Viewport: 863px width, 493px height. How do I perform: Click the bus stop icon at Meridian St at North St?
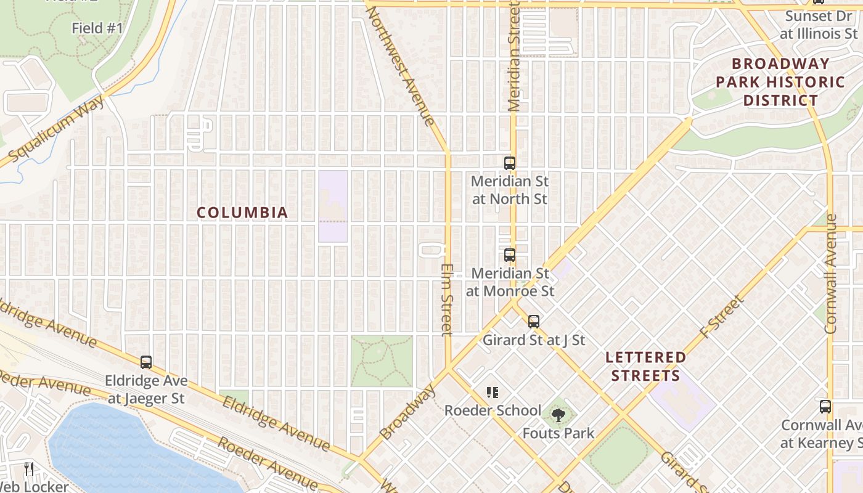click(510, 163)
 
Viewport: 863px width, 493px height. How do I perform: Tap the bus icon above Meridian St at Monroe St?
click(510, 255)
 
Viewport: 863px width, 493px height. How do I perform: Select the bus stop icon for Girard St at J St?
click(534, 322)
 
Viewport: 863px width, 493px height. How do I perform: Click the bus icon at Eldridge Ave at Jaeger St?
click(146, 362)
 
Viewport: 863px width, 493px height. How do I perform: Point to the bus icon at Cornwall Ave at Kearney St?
click(825, 407)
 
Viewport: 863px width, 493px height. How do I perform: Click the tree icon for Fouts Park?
click(558, 415)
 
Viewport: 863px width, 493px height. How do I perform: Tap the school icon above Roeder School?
click(492, 393)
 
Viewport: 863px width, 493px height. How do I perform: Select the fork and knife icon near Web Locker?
click(29, 469)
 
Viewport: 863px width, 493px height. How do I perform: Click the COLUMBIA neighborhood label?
click(242, 213)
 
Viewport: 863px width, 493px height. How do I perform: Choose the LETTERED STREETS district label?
click(645, 366)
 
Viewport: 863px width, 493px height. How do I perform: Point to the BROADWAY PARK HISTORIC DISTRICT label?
click(780, 82)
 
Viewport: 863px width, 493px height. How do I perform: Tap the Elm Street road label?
click(447, 300)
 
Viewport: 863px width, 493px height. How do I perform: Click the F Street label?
click(722, 317)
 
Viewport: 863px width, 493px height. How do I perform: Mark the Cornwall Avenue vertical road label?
click(831, 274)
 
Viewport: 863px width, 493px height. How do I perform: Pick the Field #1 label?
click(97, 28)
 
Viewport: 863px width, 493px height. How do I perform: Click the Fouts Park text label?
click(558, 433)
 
